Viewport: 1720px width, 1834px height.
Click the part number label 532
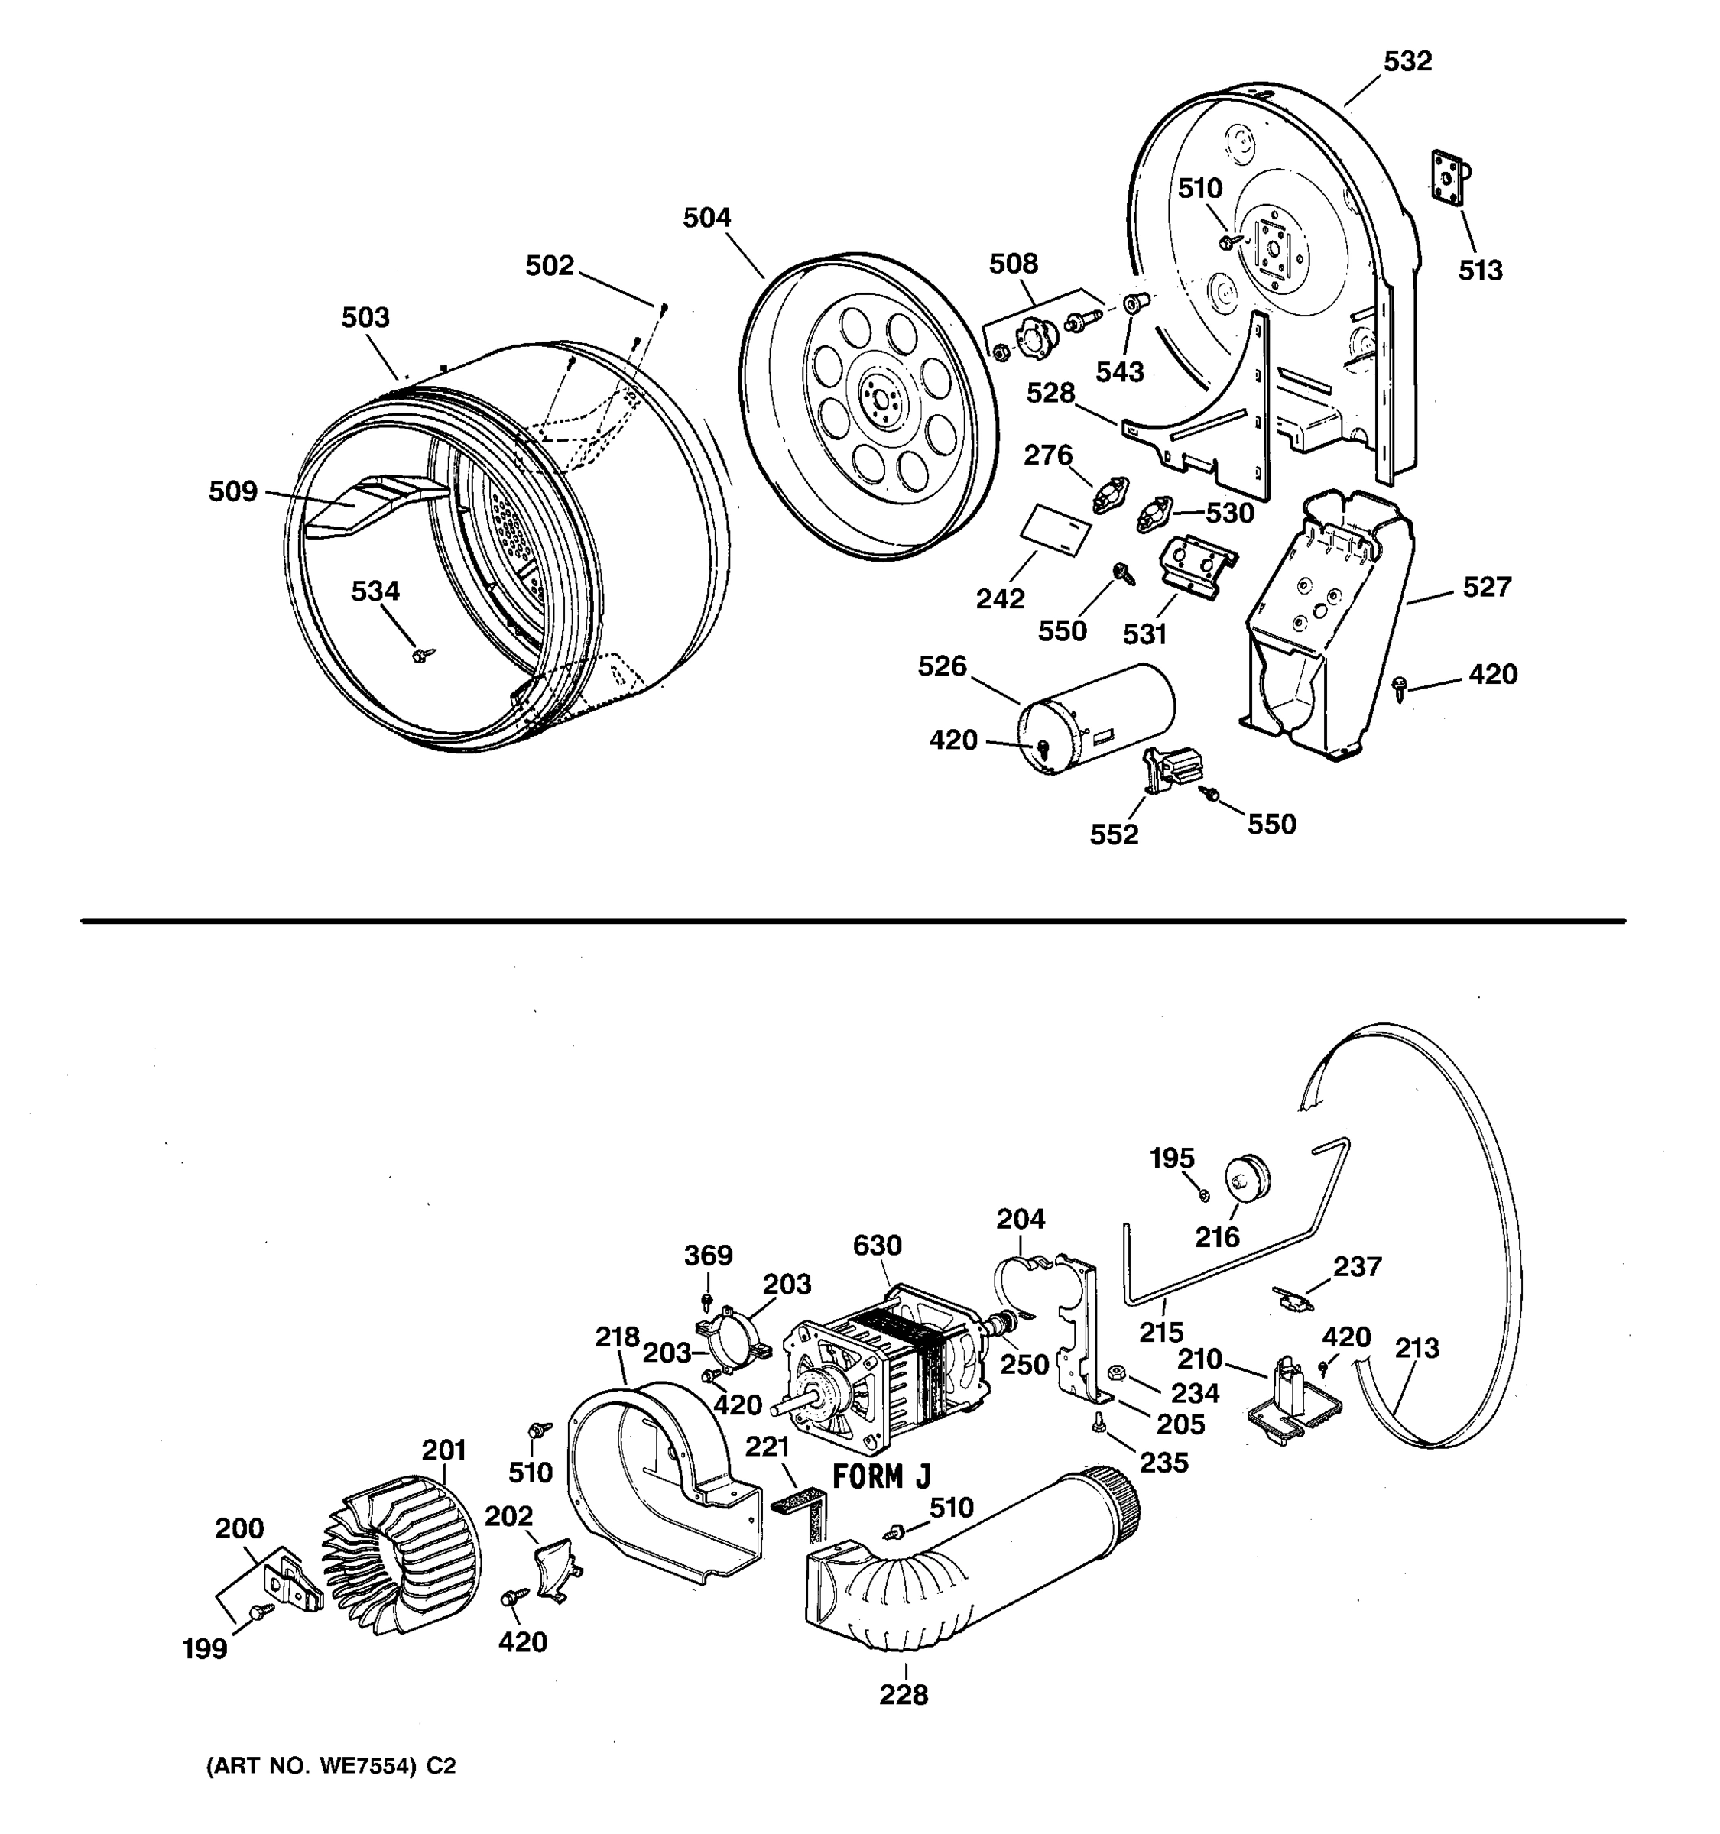click(x=1407, y=62)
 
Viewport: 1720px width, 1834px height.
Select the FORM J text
click(x=881, y=1477)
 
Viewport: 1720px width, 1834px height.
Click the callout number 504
click(x=707, y=219)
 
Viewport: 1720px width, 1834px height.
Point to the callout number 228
click(x=904, y=1695)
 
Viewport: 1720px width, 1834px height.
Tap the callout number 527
click(x=1487, y=588)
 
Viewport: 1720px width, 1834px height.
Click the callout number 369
click(x=708, y=1256)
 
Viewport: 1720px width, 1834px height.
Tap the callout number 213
click(x=1417, y=1348)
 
